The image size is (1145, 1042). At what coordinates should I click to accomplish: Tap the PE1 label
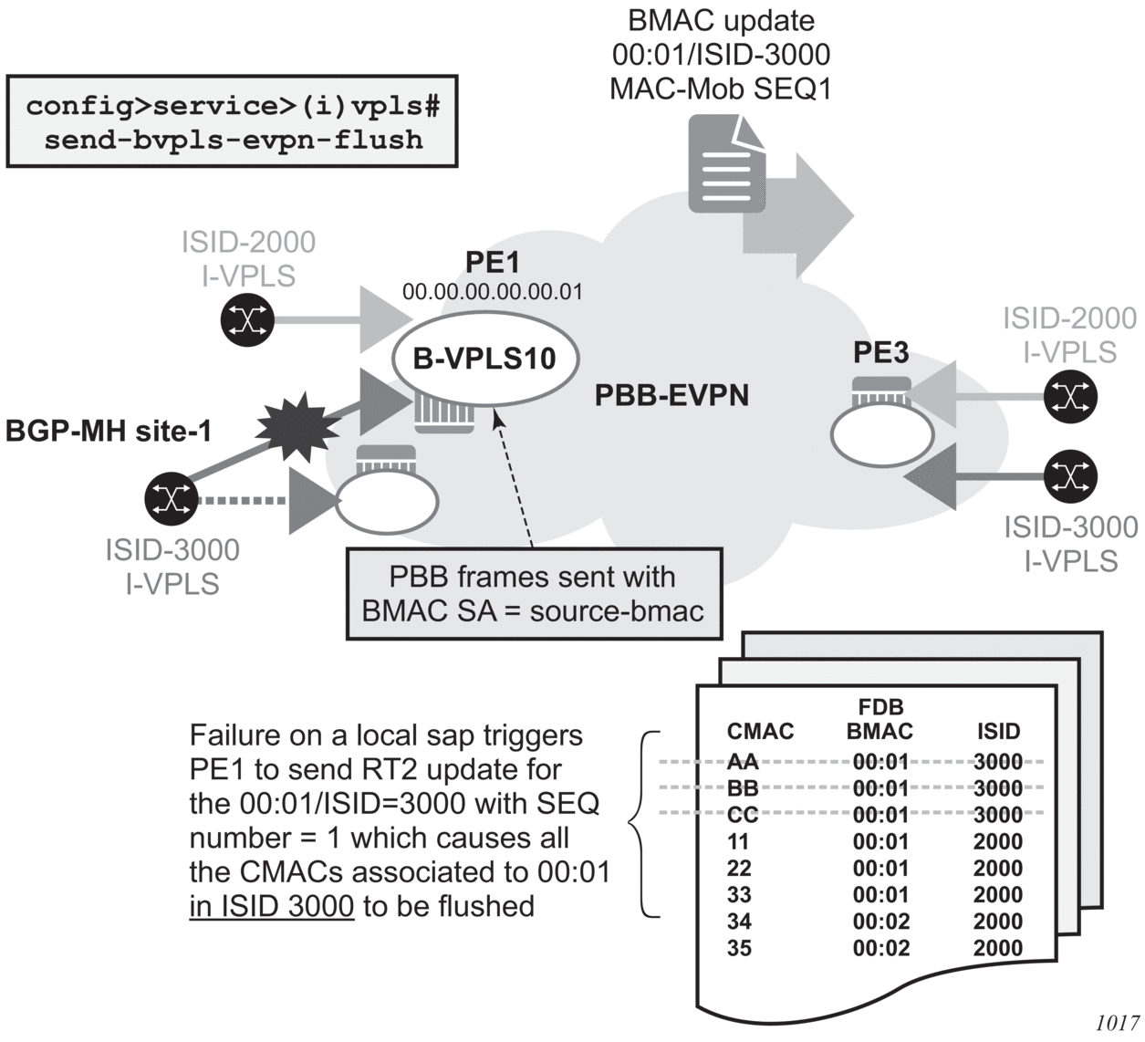tap(492, 262)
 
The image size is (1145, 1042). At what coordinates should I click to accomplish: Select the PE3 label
tap(880, 352)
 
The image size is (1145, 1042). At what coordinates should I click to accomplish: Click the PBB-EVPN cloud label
tap(671, 395)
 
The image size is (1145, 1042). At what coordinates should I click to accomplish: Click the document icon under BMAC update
tap(726, 165)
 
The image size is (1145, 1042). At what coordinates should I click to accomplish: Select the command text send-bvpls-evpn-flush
tap(234, 140)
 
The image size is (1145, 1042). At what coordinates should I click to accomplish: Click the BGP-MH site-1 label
tap(109, 430)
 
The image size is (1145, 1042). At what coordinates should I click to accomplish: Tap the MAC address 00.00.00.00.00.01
tap(492, 292)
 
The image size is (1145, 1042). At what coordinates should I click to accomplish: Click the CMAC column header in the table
tap(760, 731)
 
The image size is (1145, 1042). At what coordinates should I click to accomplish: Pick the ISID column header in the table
tap(998, 731)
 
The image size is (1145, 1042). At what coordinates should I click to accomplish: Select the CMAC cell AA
tap(743, 762)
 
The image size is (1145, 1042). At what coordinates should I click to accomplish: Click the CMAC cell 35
tap(739, 948)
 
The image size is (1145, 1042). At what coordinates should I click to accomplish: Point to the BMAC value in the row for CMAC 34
tap(881, 922)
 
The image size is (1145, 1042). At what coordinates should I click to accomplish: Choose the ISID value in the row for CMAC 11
tap(998, 841)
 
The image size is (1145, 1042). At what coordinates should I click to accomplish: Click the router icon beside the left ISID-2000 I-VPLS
tap(247, 319)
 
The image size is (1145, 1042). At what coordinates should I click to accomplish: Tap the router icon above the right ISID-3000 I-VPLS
tap(1071, 475)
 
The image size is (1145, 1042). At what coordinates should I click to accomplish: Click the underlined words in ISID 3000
tap(271, 906)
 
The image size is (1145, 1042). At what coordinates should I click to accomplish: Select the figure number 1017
tap(1117, 1022)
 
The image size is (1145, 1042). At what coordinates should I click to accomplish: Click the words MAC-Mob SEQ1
tap(721, 89)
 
